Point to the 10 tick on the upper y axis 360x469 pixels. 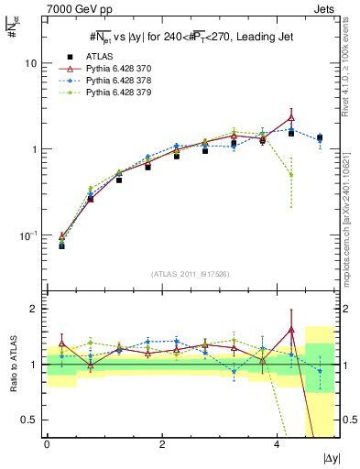(x=32, y=63)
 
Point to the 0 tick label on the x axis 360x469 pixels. (x=47, y=445)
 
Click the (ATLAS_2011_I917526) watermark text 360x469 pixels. (x=191, y=274)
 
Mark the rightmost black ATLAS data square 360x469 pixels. (x=320, y=138)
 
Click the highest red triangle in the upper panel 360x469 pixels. (x=291, y=117)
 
